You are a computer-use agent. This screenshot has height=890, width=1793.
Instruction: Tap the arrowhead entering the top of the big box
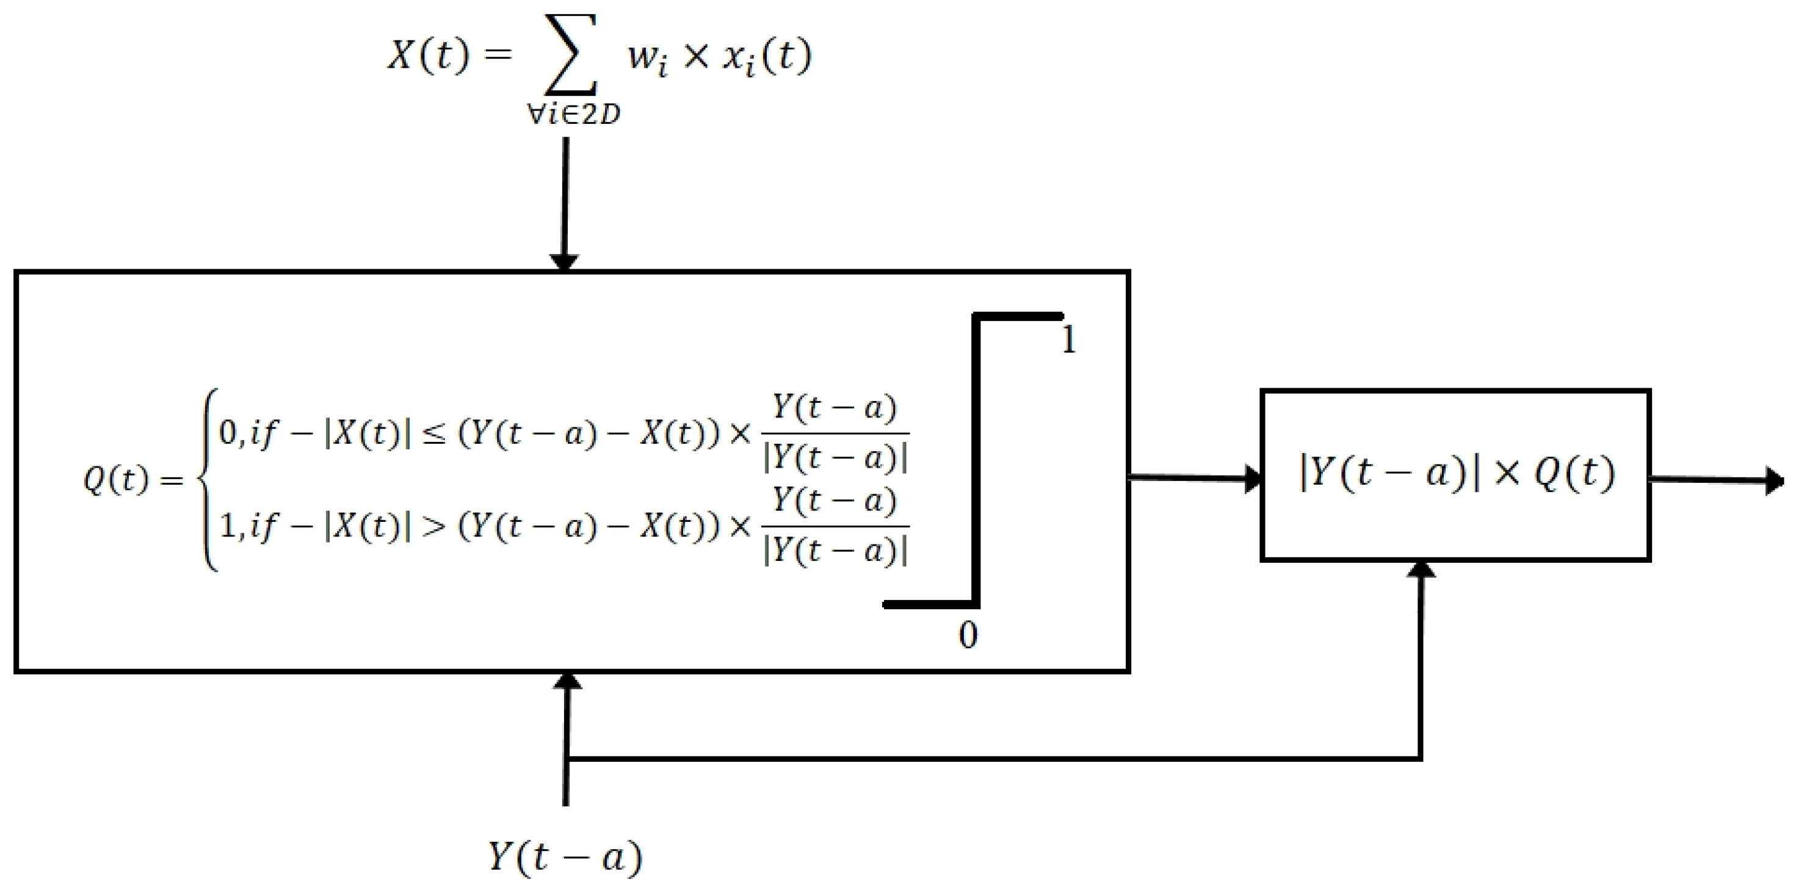(x=565, y=262)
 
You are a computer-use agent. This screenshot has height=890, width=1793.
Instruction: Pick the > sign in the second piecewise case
(x=433, y=527)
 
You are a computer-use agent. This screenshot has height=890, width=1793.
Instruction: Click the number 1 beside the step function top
(x=1069, y=340)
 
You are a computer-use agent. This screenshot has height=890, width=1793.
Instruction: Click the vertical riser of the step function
(x=976, y=459)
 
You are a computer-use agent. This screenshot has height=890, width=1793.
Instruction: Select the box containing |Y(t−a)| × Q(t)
(x=1455, y=474)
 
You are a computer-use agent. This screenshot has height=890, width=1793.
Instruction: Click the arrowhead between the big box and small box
(x=1253, y=479)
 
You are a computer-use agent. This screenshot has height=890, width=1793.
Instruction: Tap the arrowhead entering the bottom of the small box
(x=1421, y=569)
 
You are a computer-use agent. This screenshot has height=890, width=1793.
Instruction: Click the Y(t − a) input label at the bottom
(x=565, y=856)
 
